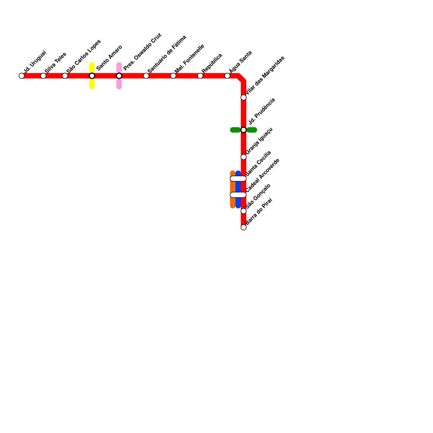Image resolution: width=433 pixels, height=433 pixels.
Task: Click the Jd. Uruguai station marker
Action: tap(22, 76)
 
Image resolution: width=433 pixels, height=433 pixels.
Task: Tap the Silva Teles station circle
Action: tap(43, 76)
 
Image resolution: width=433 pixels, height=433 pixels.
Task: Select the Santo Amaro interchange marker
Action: tap(92, 76)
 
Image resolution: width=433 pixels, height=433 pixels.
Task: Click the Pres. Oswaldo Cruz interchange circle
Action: tap(119, 76)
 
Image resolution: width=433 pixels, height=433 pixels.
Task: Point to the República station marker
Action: tap(200, 76)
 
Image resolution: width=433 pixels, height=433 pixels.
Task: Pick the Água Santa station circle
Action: tap(227, 76)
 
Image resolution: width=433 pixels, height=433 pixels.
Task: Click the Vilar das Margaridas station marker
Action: tap(244, 97)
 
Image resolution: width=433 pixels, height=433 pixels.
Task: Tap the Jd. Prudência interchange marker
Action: tap(244, 130)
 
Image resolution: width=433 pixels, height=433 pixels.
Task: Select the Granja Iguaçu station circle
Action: tap(244, 157)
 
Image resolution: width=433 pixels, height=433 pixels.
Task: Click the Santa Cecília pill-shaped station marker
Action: tap(238, 179)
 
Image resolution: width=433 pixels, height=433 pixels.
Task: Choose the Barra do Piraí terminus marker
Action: tap(244, 227)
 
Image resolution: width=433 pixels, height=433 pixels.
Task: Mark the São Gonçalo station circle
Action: tap(244, 211)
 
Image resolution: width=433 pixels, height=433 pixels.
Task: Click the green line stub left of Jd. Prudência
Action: tap(235, 130)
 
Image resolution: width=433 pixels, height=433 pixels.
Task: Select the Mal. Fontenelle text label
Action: tap(189, 58)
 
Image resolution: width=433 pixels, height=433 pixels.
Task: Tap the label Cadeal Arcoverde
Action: tap(262, 175)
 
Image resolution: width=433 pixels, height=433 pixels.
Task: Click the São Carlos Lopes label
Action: tap(83, 56)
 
